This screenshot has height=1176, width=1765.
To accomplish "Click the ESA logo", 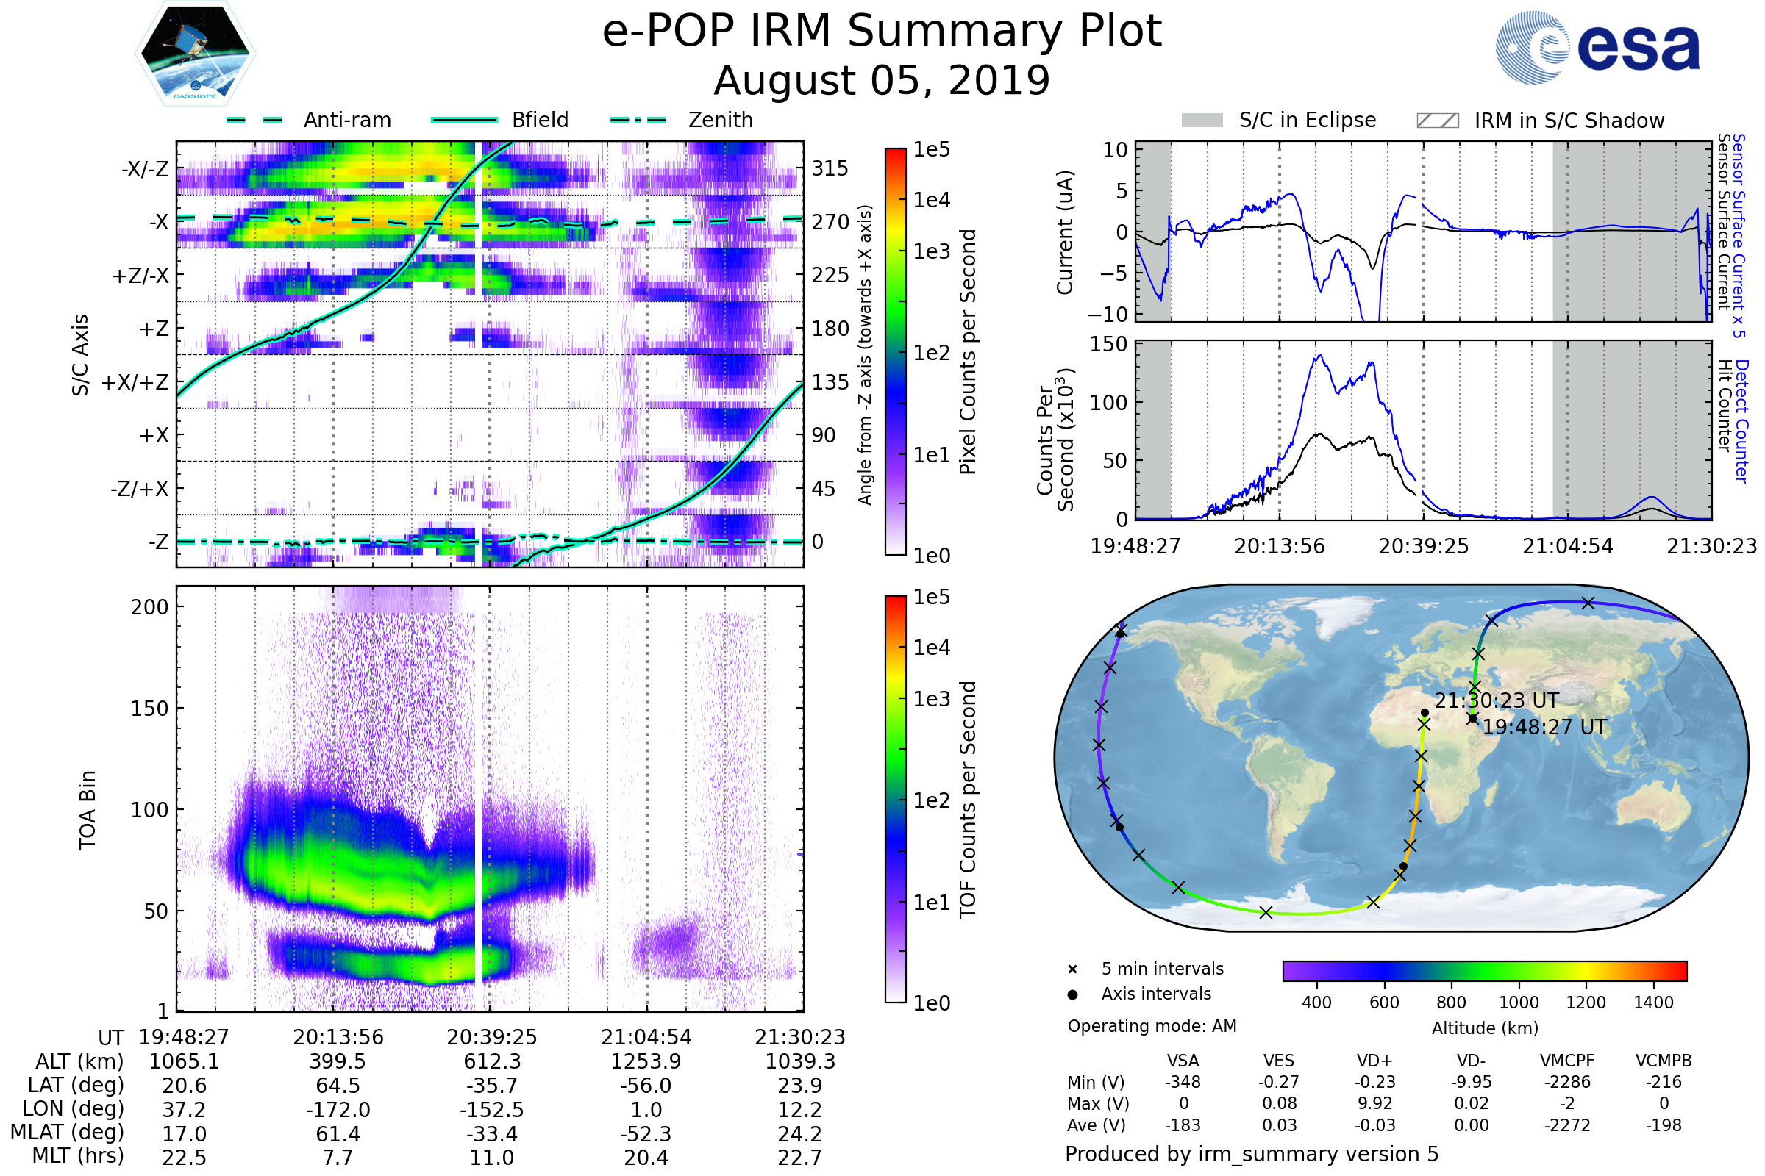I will coord(1598,47).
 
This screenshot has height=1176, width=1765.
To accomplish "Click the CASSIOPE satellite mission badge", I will coord(195,52).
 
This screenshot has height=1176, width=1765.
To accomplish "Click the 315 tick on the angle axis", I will coord(830,168).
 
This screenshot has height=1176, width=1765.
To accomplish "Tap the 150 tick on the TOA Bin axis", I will coord(149,709).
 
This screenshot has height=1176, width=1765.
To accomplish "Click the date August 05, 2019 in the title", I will coord(882,80).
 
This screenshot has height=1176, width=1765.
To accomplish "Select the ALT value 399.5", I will coord(338,1061).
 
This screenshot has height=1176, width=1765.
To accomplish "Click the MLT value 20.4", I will coord(646,1157).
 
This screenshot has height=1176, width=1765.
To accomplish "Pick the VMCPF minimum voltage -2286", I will coord(1567,1082).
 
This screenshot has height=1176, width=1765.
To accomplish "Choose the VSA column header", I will coord(1183,1061).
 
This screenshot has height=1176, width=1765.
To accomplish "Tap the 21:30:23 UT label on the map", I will coord(1497,700).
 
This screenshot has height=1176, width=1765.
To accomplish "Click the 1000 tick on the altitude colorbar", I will coord(1518,1003).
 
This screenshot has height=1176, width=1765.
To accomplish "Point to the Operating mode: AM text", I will coord(1152,1026).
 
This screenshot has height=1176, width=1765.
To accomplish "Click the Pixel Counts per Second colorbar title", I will coord(968,352).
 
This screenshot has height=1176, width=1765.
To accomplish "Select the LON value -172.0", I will coord(338,1109).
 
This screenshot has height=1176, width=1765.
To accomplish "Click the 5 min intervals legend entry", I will coord(1162,969).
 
